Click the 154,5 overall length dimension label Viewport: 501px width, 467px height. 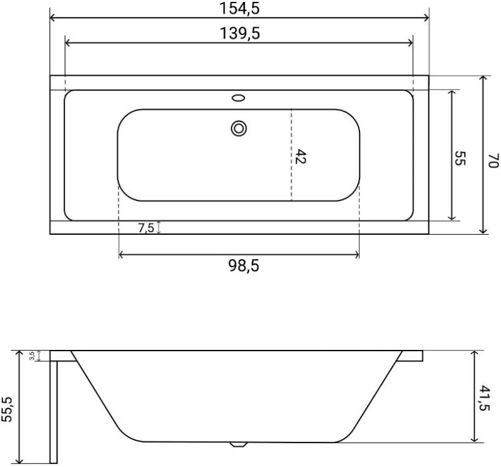239,8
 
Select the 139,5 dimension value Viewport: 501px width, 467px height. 240,33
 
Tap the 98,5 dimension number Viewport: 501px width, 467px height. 244,265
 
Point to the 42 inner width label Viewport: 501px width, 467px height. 300,157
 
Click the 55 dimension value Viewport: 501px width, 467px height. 460,158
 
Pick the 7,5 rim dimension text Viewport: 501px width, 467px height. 147,228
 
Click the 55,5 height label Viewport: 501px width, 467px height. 7,409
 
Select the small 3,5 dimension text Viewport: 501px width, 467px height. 32,356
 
